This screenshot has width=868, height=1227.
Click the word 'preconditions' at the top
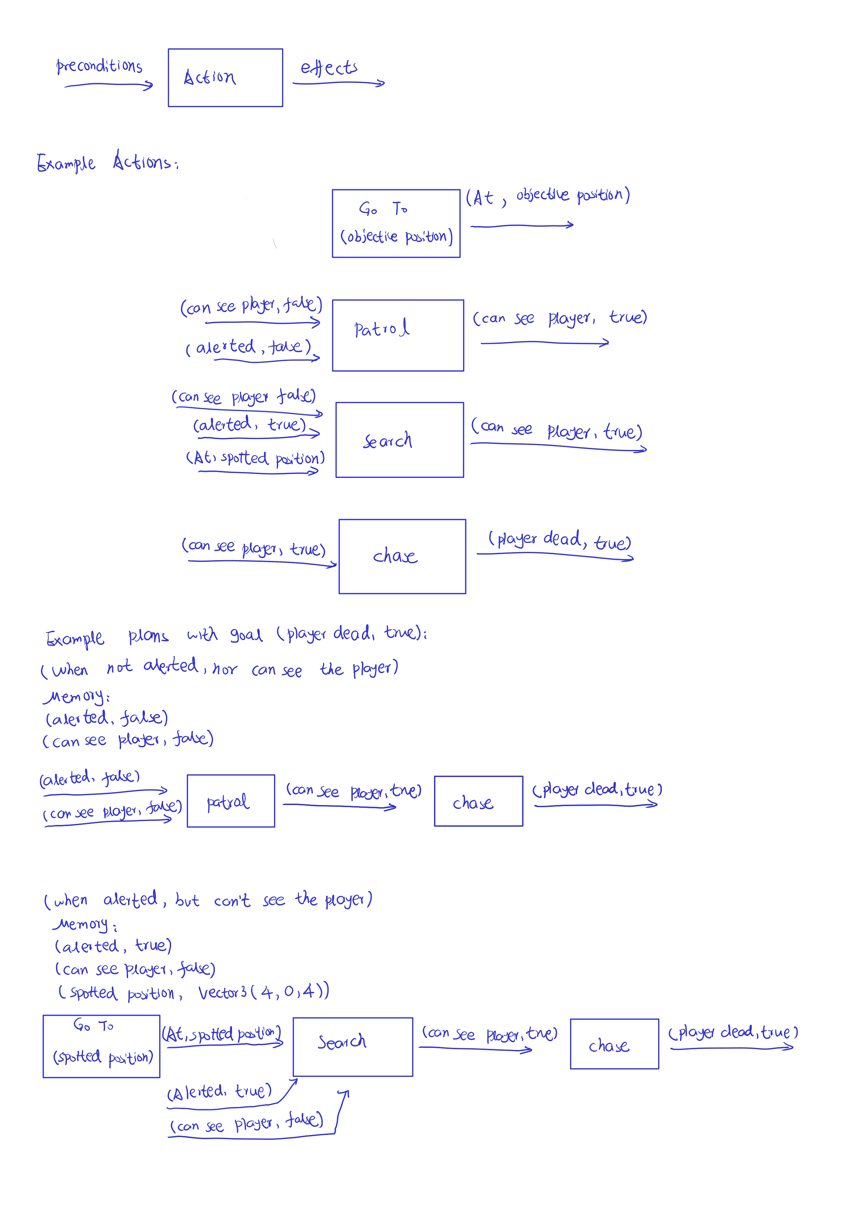pos(99,66)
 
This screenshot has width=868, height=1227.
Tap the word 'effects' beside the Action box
pos(329,68)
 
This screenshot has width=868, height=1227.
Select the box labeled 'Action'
pos(225,78)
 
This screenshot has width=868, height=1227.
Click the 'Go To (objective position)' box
pos(396,223)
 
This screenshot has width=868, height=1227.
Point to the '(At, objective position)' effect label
pos(547,196)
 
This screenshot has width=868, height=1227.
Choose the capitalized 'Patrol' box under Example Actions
pos(398,335)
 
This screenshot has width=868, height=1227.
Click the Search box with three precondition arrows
pos(400,440)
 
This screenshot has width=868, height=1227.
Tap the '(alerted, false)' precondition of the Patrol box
pos(248,347)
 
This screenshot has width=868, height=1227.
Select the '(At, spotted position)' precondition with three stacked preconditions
pos(255,459)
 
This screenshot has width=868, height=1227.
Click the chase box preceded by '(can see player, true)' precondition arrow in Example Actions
pos(402,556)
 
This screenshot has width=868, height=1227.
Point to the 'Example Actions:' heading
pos(107,162)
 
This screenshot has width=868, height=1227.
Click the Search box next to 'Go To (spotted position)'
pos(353,1047)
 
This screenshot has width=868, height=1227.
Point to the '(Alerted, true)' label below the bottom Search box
pos(219,1091)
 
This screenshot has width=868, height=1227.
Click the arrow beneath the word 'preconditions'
pos(108,85)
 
